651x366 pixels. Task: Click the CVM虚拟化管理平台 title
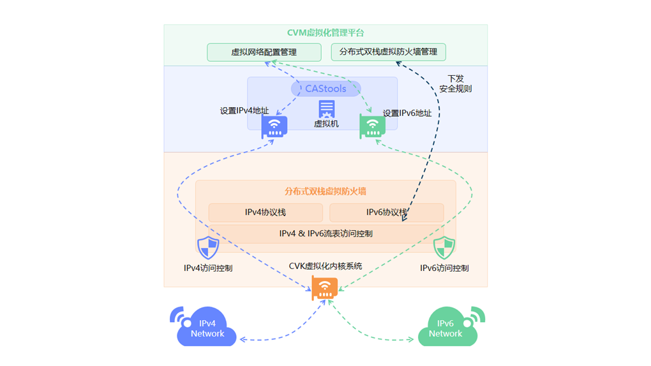click(x=325, y=33)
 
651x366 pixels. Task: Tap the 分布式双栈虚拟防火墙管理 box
click(x=388, y=52)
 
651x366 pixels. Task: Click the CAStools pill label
click(x=325, y=89)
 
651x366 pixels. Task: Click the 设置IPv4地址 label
click(x=244, y=111)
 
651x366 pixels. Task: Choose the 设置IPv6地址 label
click(x=407, y=113)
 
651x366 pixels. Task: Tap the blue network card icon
click(x=274, y=127)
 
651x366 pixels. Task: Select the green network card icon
click(x=372, y=126)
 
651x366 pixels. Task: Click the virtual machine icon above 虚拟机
click(x=326, y=108)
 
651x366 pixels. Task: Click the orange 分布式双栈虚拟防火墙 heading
click(x=325, y=191)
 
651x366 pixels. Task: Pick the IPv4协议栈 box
click(x=266, y=212)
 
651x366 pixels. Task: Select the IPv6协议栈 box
click(x=386, y=212)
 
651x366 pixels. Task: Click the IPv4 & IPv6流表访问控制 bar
click(x=325, y=234)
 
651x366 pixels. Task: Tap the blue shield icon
click(x=208, y=247)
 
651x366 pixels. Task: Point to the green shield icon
click(x=444, y=247)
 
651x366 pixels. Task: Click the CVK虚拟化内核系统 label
click(x=325, y=266)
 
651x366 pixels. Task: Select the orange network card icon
click(x=324, y=288)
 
